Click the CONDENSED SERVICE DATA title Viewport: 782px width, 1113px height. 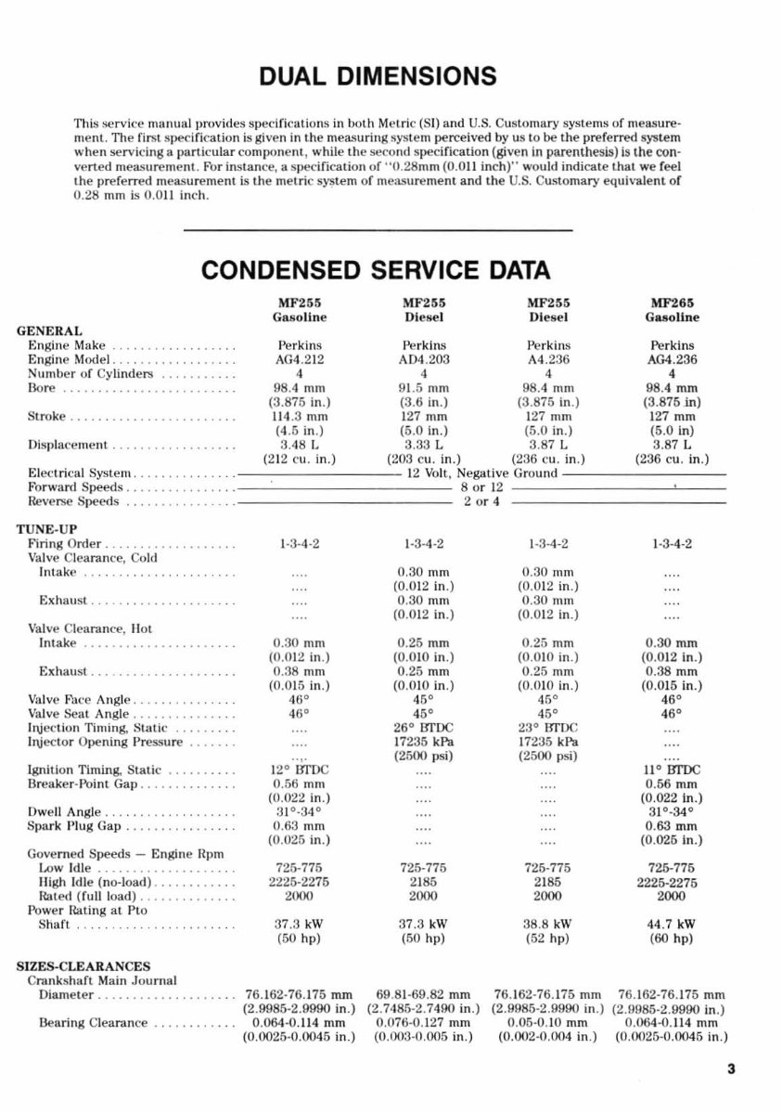pos(376,270)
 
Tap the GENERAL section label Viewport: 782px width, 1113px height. pos(50,330)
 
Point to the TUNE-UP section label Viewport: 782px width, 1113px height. pos(45,529)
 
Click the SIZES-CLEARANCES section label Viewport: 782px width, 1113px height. pos(83,966)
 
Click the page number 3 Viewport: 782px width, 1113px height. pos(731,1068)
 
